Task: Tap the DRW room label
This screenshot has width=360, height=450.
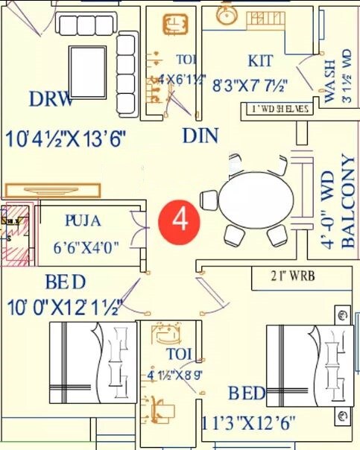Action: pos(50,98)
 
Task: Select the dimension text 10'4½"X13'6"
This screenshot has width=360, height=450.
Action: pos(65,139)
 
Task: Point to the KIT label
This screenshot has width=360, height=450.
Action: pos(260,61)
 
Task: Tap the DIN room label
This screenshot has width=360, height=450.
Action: pos(200,136)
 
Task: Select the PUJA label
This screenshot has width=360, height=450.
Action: pos(83,221)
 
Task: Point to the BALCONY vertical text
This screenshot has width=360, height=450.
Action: pos(347,201)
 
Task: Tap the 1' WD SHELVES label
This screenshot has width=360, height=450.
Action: pos(276,110)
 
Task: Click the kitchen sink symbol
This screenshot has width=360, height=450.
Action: pos(226,14)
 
